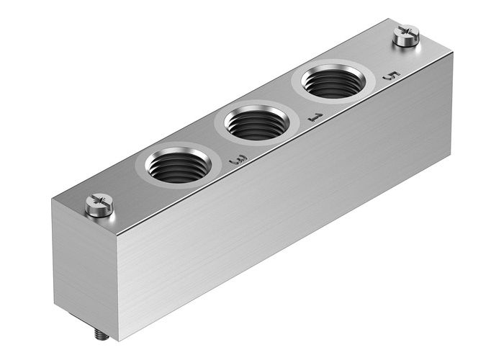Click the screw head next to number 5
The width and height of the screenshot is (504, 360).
(406, 34)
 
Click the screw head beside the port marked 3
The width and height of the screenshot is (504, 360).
(99, 204)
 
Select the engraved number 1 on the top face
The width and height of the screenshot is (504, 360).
(313, 115)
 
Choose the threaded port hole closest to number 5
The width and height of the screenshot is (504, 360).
(333, 84)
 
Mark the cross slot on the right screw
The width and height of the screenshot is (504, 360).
(406, 32)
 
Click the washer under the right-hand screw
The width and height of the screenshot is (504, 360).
(406, 42)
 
